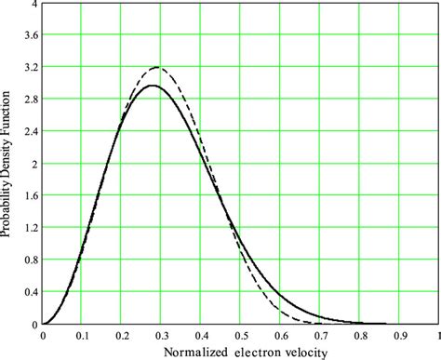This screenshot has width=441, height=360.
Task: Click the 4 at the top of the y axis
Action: pos(34,5)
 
